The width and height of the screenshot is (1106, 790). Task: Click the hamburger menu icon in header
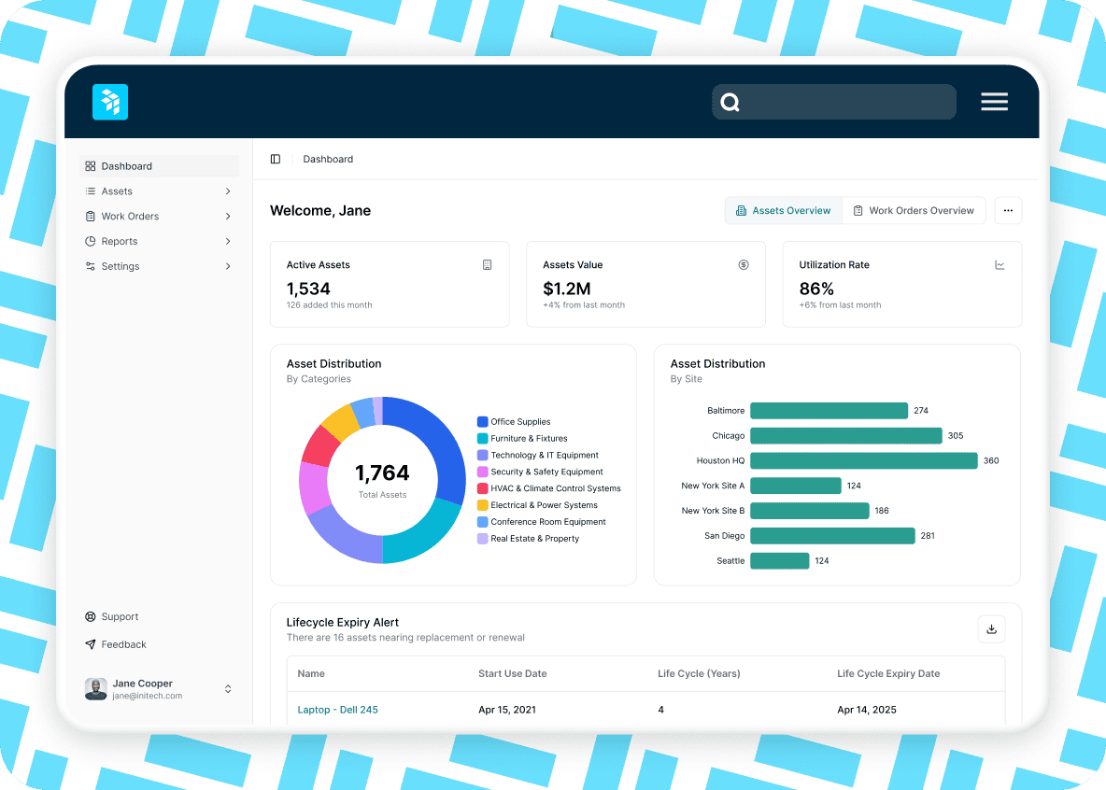pos(994,102)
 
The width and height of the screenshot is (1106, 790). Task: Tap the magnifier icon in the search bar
pos(730,103)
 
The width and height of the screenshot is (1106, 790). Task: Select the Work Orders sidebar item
pos(130,216)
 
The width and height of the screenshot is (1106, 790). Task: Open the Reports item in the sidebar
pos(120,241)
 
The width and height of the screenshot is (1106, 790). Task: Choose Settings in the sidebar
pos(121,266)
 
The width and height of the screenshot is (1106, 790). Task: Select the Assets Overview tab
pos(783,210)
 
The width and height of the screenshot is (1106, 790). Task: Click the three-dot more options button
pos(1008,210)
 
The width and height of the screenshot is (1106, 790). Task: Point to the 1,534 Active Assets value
pos(308,289)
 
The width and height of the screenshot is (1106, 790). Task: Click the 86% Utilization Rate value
pos(816,289)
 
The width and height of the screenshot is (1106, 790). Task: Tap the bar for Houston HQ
pos(863,460)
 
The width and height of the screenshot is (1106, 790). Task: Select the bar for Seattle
pos(779,560)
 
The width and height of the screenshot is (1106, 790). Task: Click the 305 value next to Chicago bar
pos(956,435)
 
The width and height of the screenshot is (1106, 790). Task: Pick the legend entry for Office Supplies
pos(520,422)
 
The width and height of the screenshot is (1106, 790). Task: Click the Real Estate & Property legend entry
pos(534,539)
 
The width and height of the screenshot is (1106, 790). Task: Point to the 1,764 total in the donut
pos(382,473)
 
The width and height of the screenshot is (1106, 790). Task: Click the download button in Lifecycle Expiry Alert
pos(991,628)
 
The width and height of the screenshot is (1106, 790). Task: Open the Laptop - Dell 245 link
pos(337,710)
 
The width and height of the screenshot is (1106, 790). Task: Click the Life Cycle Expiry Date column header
pos(888,673)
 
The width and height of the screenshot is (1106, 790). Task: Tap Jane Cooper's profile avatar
pos(95,689)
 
